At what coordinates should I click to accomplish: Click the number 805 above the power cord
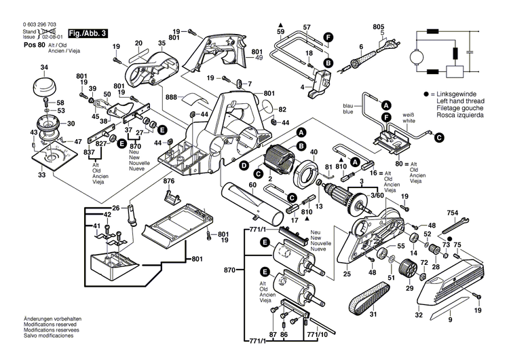click(378, 26)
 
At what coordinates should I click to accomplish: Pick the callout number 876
click(168, 181)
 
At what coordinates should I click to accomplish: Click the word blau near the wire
click(347, 105)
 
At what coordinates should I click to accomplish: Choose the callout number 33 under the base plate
click(43, 175)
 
